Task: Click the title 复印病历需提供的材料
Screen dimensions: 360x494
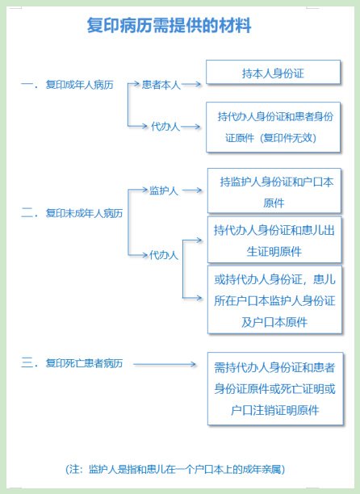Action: pyautogui.click(x=170, y=25)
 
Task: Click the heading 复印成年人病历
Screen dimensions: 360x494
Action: pyautogui.click(x=79, y=85)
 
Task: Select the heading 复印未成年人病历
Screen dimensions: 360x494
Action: pyautogui.click(x=84, y=213)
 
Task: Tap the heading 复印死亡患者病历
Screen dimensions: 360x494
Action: pyautogui.click(x=84, y=363)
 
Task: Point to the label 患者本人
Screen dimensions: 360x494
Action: pyautogui.click(x=161, y=85)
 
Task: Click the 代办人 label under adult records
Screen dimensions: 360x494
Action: pyautogui.click(x=165, y=127)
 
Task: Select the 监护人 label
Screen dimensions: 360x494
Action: pyautogui.click(x=164, y=190)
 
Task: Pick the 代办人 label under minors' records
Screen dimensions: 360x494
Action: pyautogui.click(x=164, y=255)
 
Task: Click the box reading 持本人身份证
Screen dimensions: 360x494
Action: pyautogui.click(x=273, y=72)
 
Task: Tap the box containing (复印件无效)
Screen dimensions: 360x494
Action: pyautogui.click(x=273, y=128)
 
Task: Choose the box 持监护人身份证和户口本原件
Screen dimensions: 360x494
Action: pyautogui.click(x=274, y=191)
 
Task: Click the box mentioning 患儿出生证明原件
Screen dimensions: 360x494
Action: pyautogui.click(x=274, y=240)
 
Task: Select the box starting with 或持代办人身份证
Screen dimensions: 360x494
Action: pyautogui.click(x=274, y=299)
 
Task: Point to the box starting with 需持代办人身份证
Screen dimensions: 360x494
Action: pyautogui.click(x=275, y=389)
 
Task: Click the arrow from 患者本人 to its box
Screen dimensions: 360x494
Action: pyautogui.click(x=191, y=84)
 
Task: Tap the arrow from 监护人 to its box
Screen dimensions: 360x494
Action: pyautogui.click(x=192, y=190)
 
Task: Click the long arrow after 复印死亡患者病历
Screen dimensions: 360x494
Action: pyautogui.click(x=165, y=364)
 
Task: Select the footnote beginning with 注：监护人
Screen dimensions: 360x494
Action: pyautogui.click(x=175, y=469)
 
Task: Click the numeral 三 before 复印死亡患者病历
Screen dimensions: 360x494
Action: pyautogui.click(x=27, y=362)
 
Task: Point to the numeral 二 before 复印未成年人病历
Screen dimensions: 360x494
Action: pyautogui.click(x=27, y=213)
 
